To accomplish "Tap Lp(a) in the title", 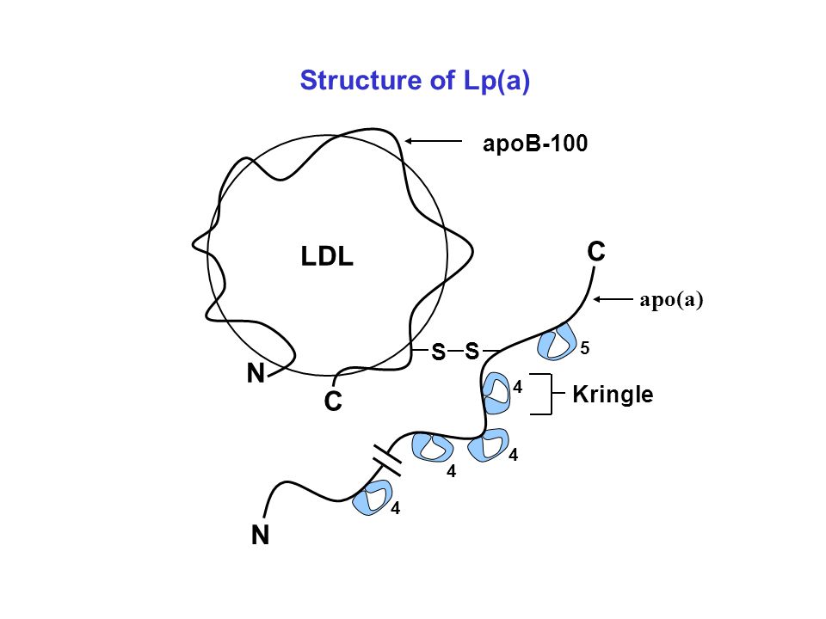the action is click(496, 82).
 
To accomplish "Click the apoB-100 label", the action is click(535, 144).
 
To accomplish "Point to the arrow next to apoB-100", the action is click(433, 141).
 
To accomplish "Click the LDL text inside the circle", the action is click(327, 257).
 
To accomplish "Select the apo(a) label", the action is click(671, 300).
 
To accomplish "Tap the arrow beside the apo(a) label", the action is click(613, 299).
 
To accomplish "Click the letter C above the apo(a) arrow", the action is click(596, 252).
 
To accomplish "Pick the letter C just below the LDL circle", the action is click(333, 401).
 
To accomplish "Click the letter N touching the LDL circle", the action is click(256, 374).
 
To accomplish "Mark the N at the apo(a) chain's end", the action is click(260, 536).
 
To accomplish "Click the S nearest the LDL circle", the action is click(438, 352).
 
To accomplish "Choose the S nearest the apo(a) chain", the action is click(472, 351).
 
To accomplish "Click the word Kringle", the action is click(613, 395).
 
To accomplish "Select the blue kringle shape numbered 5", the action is click(557, 342).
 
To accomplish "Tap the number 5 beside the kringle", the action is click(585, 348).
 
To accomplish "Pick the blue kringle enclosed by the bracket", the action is click(496, 393).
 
